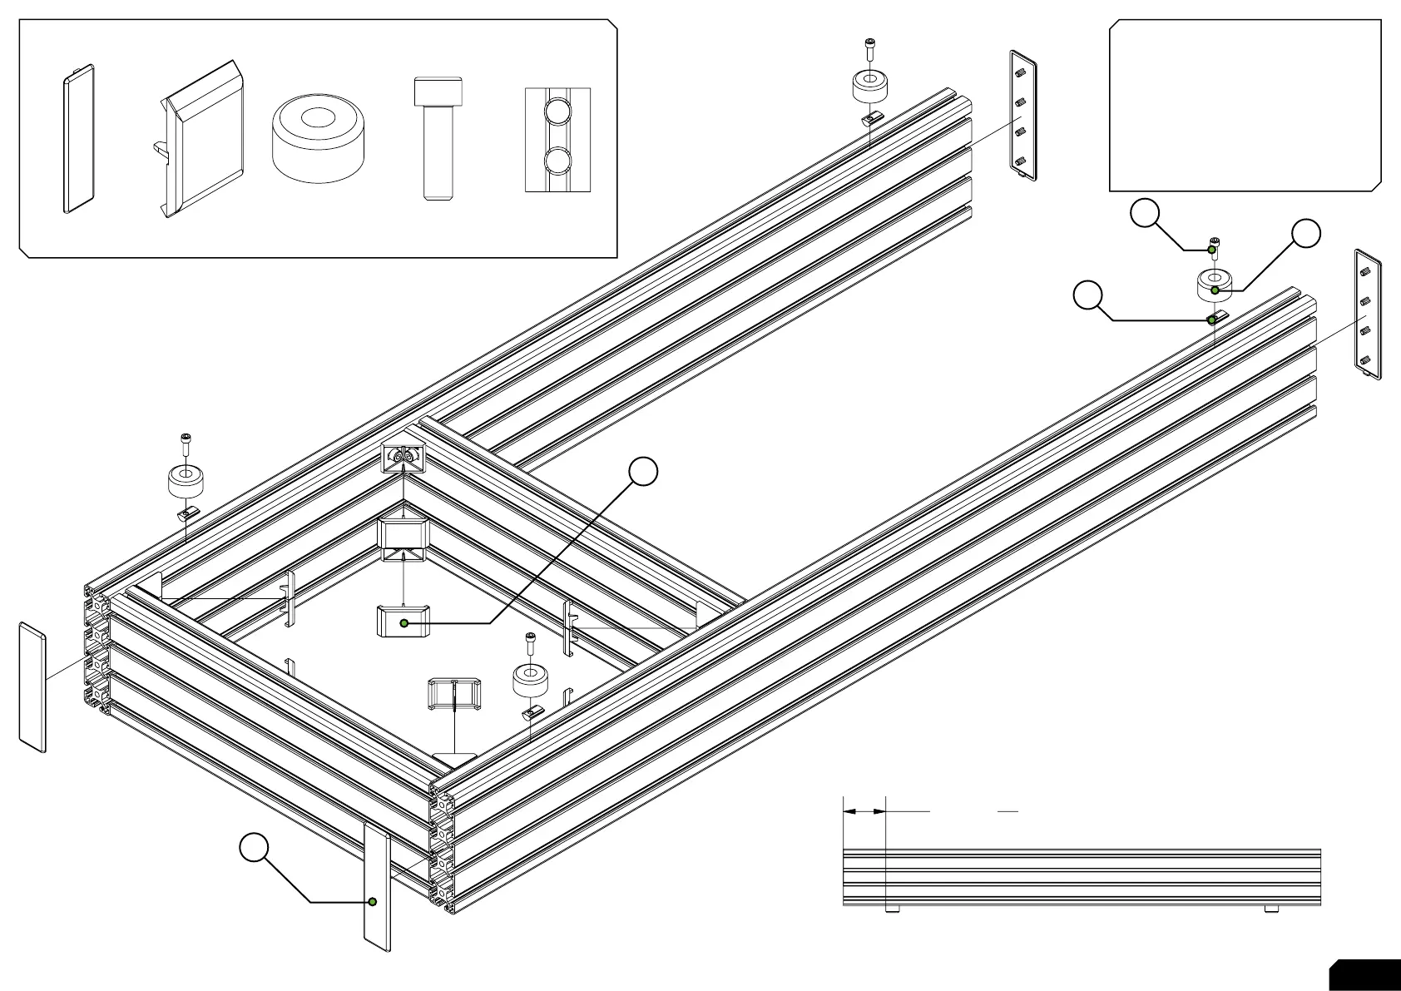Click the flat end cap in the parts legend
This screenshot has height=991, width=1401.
(x=79, y=139)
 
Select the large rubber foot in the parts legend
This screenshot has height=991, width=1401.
(x=319, y=137)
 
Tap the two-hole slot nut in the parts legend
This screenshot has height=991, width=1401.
(x=557, y=139)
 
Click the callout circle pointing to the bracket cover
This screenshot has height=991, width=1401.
(x=643, y=471)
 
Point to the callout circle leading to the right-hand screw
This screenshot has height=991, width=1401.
(x=1145, y=214)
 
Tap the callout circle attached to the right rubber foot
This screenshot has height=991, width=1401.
(x=1306, y=234)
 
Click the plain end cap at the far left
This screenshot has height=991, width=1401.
(x=32, y=686)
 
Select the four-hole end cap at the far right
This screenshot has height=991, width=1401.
(x=1368, y=314)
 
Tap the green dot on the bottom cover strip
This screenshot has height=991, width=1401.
(x=373, y=901)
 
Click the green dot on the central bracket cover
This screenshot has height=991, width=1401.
(x=404, y=622)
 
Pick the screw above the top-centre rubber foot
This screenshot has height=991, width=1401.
(x=870, y=48)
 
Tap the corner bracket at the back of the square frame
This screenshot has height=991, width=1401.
(x=403, y=457)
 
